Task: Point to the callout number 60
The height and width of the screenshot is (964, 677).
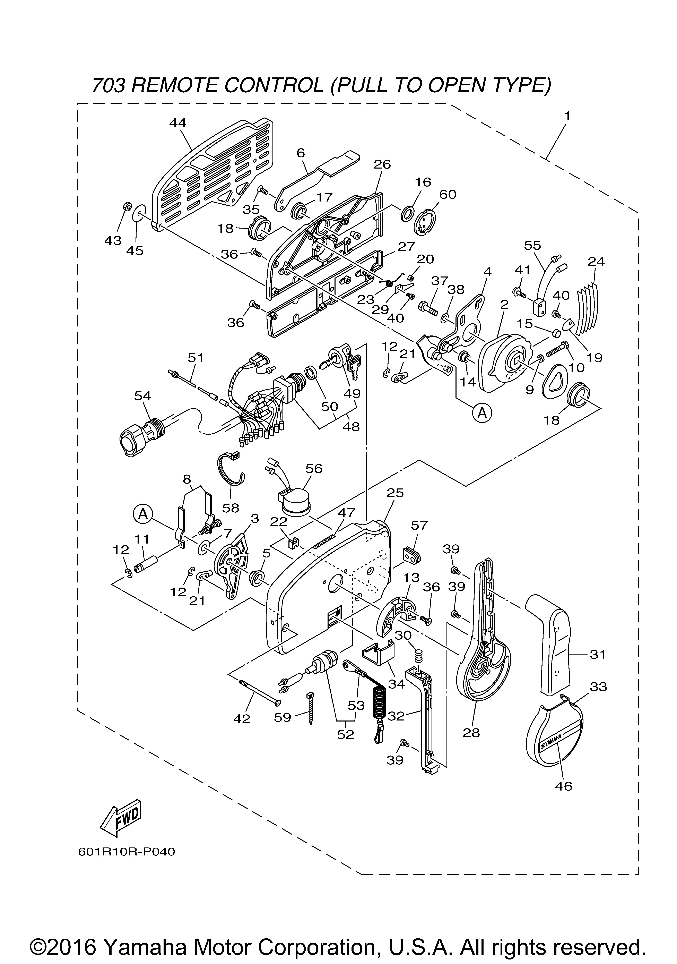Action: point(448,194)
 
